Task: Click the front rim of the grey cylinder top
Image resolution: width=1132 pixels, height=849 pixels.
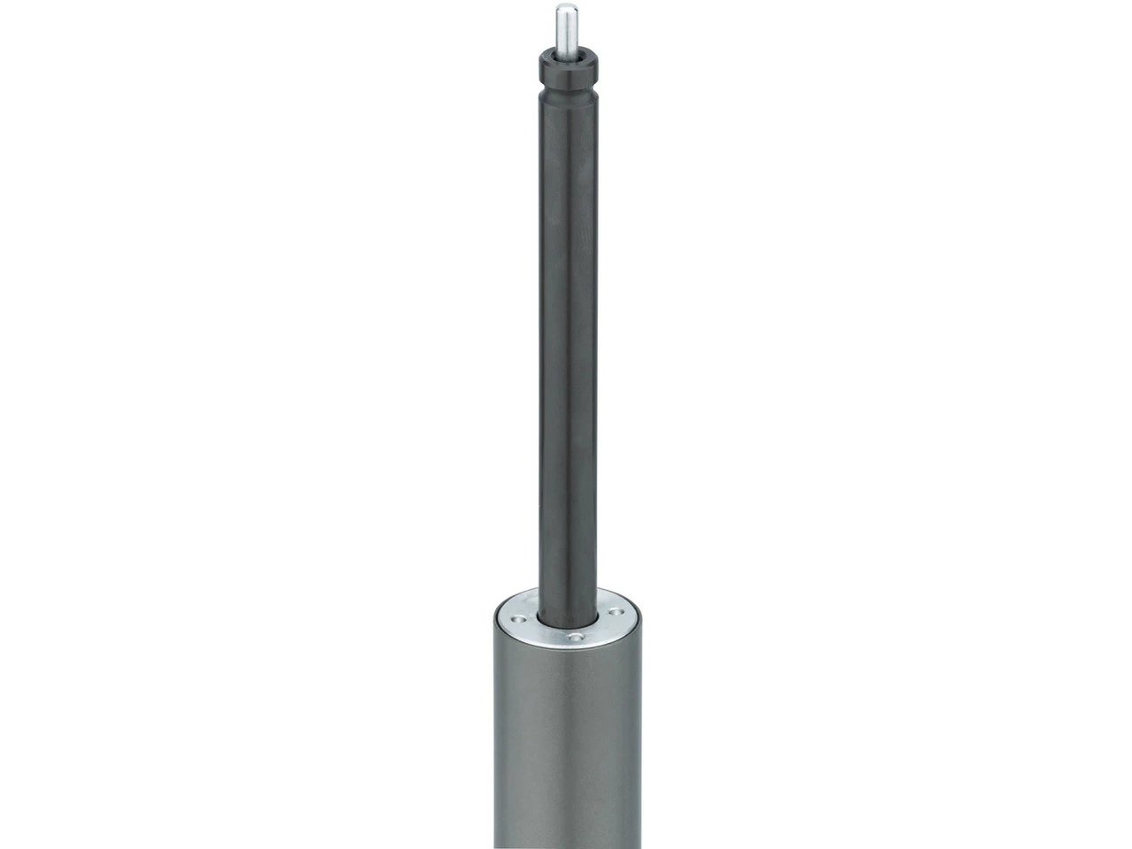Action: [566, 646]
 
